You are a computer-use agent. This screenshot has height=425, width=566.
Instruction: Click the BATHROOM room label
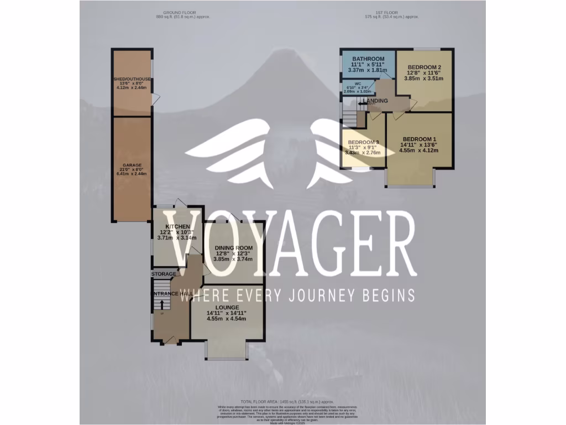point(368,59)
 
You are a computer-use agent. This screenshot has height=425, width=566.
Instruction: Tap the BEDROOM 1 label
point(420,139)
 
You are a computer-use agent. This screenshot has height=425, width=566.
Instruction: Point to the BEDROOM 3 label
point(363,142)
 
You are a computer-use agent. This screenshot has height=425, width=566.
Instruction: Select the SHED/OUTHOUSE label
point(131,78)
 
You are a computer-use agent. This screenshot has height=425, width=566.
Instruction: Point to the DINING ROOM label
point(234,248)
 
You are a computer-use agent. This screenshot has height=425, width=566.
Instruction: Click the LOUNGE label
point(227,308)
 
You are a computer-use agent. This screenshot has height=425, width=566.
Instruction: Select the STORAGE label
point(164,274)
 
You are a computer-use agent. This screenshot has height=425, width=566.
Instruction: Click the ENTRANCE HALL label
point(171,293)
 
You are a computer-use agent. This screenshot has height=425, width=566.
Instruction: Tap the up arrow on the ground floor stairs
point(161,303)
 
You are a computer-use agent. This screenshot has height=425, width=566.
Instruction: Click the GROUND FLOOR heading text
point(177,12)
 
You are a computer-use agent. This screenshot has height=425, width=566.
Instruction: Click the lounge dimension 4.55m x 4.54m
point(227,319)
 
